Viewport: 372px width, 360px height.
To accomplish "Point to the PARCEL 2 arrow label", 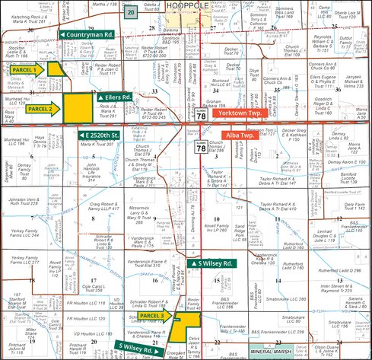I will (40, 109).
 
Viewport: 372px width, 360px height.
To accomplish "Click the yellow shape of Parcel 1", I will (55, 68).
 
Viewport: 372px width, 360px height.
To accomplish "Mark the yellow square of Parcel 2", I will (75, 105).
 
